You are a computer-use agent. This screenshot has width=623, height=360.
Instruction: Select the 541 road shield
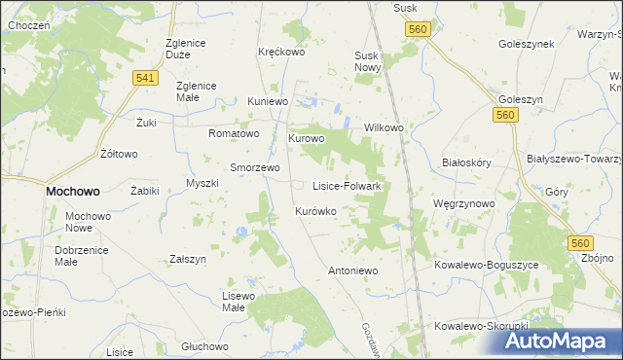click(147, 78)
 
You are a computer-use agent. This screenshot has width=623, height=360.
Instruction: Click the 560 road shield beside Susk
click(418, 31)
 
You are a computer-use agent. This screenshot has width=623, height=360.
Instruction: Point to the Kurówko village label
click(315, 211)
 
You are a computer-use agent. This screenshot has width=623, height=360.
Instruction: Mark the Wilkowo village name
click(384, 127)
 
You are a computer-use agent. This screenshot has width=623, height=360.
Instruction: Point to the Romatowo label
click(234, 133)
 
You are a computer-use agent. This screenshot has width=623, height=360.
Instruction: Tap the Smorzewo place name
click(254, 167)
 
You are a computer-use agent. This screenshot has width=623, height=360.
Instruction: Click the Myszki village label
click(202, 184)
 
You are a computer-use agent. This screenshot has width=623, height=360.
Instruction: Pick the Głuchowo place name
click(204, 346)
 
